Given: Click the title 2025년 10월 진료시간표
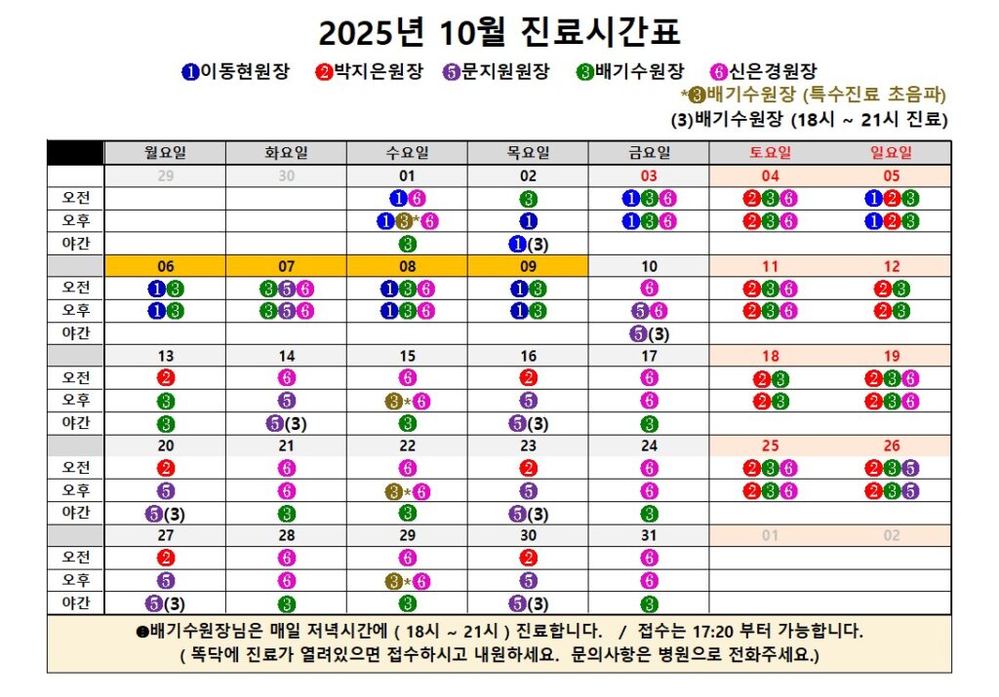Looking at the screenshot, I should point(499,33).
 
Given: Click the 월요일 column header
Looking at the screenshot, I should point(166,152).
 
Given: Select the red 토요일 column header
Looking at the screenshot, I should point(770,152).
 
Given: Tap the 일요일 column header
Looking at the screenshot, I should point(891,152).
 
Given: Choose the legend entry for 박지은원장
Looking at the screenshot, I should point(371,71).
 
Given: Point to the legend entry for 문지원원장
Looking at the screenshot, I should point(496,71).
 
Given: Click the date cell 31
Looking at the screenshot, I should point(649,535).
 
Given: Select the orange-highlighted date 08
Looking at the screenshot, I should point(408,265).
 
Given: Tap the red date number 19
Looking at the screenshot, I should point(891,356).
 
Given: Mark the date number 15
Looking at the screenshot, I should point(408,356).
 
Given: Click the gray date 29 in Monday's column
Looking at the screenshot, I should point(166,175).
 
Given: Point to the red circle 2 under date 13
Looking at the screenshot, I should point(166,378).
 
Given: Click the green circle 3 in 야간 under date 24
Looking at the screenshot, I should point(649,514).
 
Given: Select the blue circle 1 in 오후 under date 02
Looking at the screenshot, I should point(528,220).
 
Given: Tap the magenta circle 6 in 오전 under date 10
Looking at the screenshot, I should point(649,288).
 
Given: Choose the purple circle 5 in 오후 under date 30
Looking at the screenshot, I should point(528,581).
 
